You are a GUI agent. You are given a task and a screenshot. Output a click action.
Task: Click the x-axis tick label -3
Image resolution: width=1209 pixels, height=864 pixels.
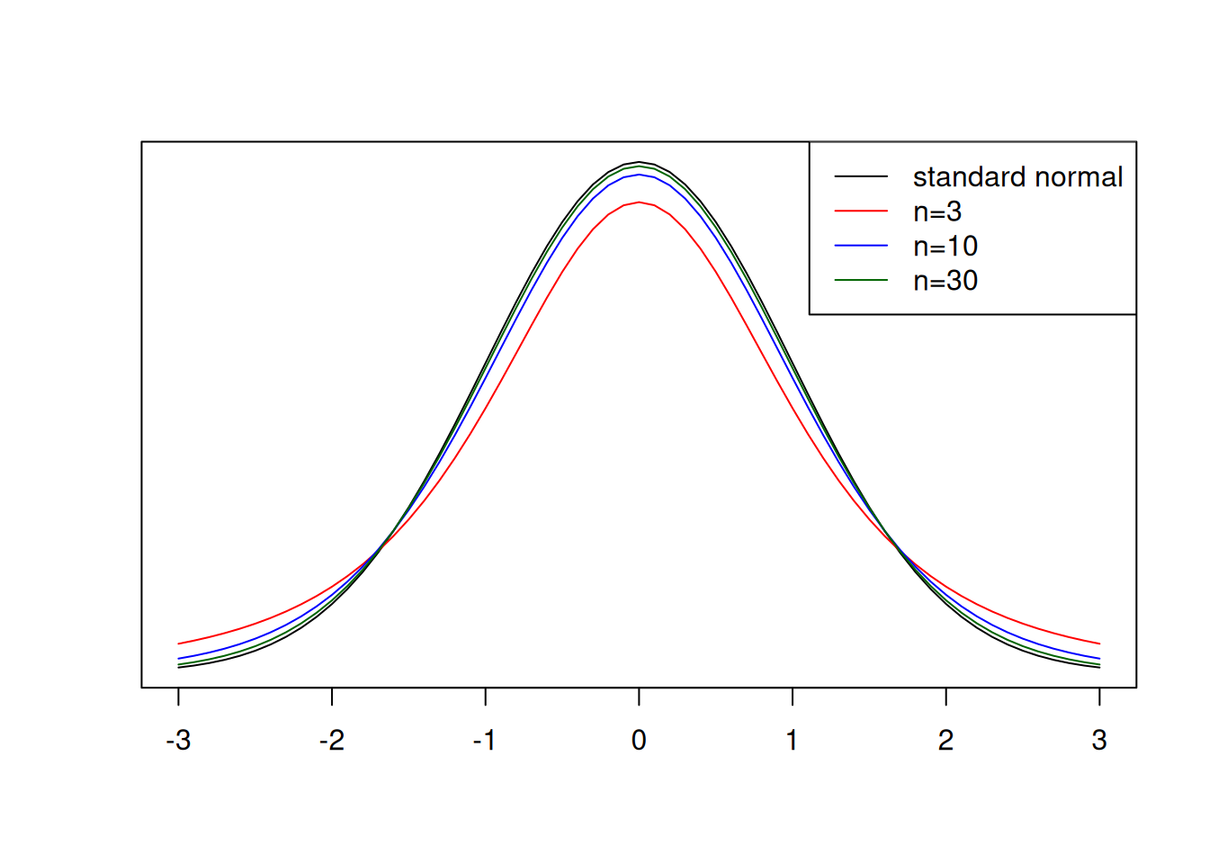tap(178, 741)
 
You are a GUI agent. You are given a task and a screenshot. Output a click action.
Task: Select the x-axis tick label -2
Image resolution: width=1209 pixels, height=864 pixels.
tap(332, 741)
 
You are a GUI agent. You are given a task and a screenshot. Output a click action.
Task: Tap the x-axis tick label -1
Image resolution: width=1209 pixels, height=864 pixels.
tap(485, 741)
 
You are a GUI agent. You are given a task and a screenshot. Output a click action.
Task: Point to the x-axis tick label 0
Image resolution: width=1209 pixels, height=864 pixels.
tap(639, 741)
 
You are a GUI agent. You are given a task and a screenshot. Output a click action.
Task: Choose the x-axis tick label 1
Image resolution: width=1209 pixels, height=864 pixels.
tap(792, 741)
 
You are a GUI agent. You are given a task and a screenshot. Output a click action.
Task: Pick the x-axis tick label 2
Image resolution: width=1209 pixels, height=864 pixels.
tap(945, 741)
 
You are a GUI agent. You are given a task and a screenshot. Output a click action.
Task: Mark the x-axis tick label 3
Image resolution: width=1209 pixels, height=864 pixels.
tap(1099, 741)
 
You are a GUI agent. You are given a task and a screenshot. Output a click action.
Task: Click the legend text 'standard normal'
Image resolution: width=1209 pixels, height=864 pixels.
tap(1017, 177)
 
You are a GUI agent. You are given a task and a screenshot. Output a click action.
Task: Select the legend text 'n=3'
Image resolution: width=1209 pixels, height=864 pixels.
tap(937, 211)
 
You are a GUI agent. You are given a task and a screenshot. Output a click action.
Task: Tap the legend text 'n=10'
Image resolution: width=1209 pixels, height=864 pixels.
tap(945, 247)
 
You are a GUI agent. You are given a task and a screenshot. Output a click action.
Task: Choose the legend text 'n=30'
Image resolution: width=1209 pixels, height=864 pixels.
tap(945, 281)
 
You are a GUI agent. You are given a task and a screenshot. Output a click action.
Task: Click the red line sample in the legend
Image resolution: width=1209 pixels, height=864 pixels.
tap(861, 211)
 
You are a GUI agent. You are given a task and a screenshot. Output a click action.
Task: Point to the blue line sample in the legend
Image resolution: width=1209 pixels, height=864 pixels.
tap(861, 247)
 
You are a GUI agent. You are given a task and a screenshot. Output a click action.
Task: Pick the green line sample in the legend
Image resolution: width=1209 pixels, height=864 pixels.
tap(861, 281)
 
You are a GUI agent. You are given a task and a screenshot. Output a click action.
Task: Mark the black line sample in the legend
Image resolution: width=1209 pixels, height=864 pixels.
tap(861, 177)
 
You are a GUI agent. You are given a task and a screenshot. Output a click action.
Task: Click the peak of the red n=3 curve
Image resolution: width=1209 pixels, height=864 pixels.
tap(639, 202)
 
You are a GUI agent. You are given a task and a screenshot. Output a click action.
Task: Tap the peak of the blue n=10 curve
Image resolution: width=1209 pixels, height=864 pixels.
tap(639, 175)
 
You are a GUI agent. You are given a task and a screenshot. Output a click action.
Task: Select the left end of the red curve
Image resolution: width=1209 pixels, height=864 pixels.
tap(179, 643)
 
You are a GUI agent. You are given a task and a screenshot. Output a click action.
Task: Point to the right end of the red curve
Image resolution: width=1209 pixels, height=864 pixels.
tap(1099, 643)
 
